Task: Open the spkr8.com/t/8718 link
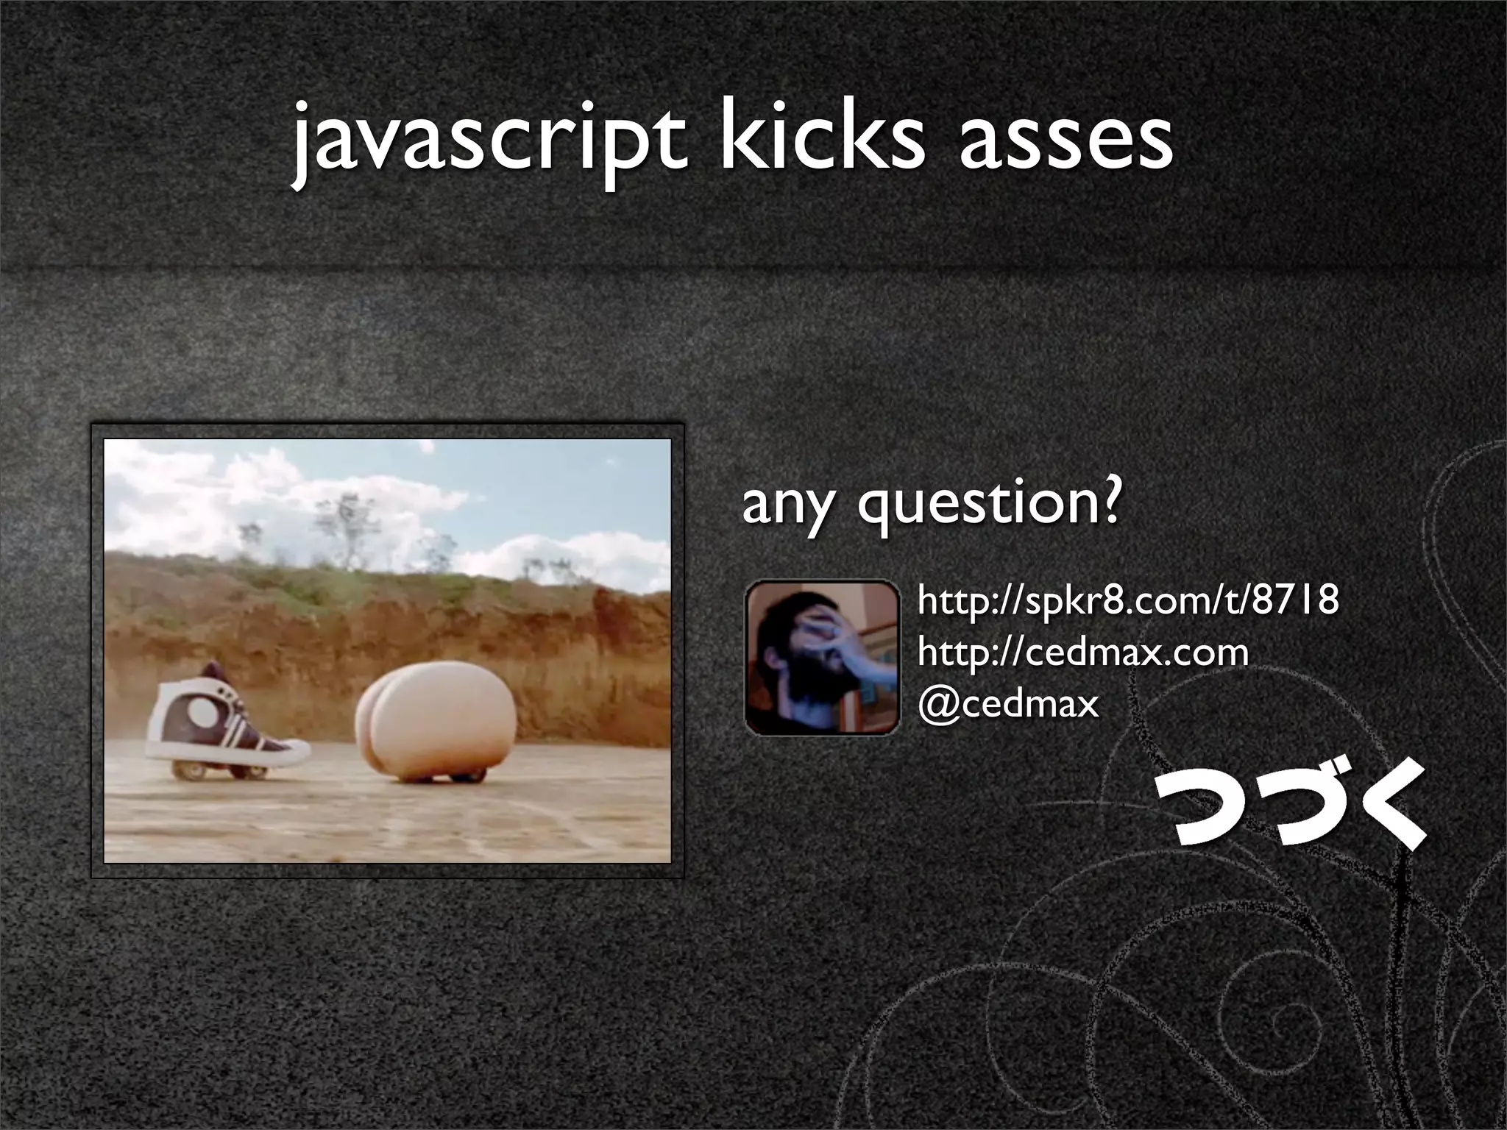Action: click(1127, 600)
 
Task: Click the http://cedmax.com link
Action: click(1082, 653)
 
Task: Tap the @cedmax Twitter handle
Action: click(1008, 704)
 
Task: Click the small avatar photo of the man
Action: click(822, 658)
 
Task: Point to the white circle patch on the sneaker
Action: click(199, 712)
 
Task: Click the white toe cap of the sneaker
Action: click(291, 751)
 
